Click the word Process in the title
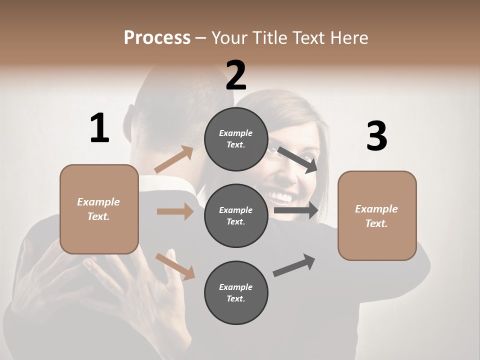tap(157, 38)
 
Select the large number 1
tap(99, 128)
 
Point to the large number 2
tap(236, 75)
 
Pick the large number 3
tap(376, 136)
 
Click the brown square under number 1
tap(99, 209)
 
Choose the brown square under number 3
tap(377, 215)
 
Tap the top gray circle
tap(236, 139)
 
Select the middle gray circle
tap(236, 215)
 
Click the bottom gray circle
tap(236, 292)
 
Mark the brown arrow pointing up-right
tap(174, 159)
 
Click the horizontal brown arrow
tap(175, 211)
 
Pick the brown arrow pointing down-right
tap(175, 266)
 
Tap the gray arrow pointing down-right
tap(297, 159)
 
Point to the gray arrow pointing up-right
tap(294, 265)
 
